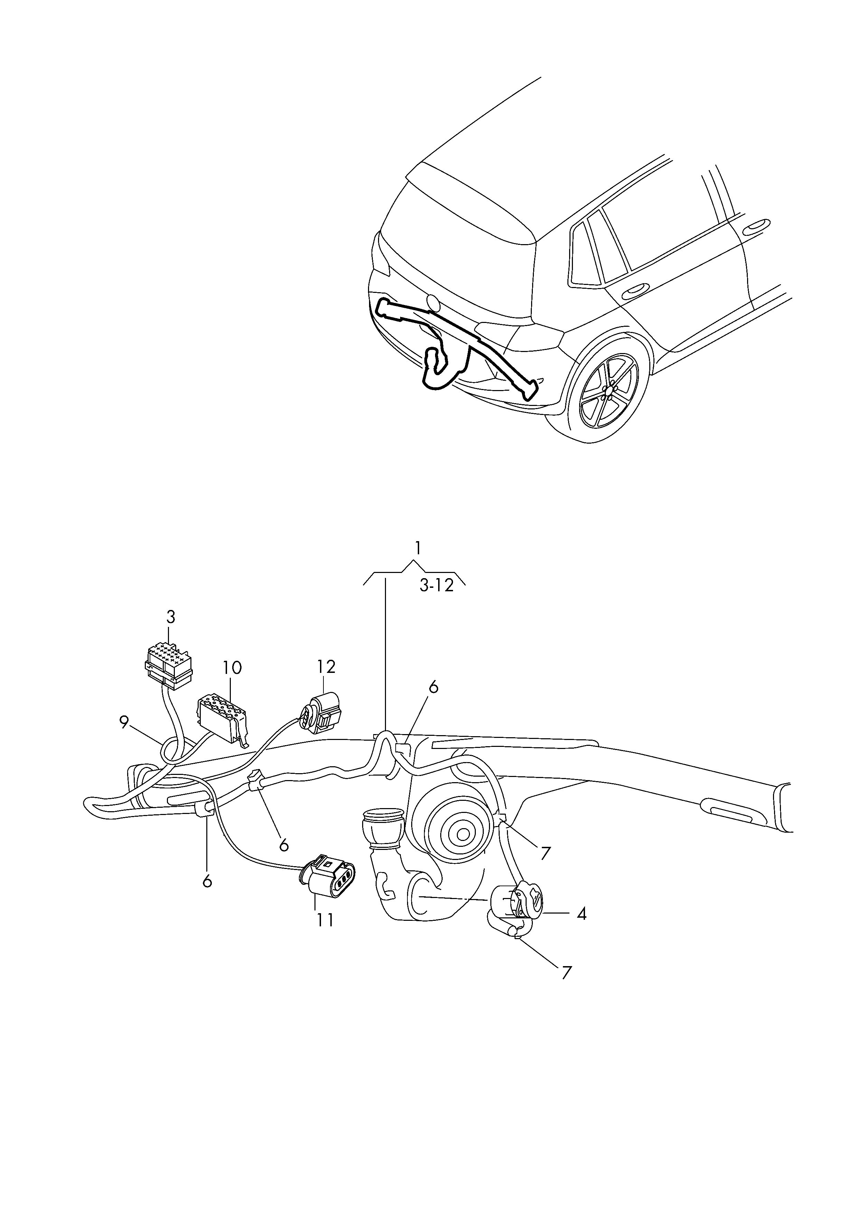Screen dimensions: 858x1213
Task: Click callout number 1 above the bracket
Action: pyautogui.click(x=417, y=548)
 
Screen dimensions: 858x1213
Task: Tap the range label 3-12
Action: pyautogui.click(x=437, y=586)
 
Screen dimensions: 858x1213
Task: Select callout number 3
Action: pyautogui.click(x=171, y=617)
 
